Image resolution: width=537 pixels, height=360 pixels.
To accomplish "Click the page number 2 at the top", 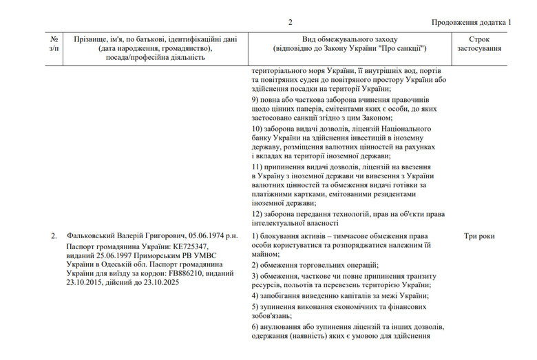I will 290,22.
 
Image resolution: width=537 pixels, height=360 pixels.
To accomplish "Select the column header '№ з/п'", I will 54,45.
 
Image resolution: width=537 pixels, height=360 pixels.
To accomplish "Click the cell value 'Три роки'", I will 479,236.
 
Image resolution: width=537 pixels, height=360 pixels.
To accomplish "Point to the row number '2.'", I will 54,236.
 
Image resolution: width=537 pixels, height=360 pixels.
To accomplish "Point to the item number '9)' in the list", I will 255,100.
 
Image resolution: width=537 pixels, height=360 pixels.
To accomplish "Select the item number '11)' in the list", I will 257,167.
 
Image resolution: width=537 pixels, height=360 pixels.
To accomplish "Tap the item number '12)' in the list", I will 257,213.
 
